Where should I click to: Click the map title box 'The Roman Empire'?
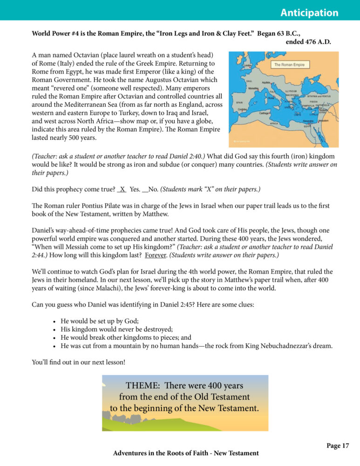289,65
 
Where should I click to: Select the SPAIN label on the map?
239,102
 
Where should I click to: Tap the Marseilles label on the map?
254,88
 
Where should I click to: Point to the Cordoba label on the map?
242,110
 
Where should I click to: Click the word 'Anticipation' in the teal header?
309,13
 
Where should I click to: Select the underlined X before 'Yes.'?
122,189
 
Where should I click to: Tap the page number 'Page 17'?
338,446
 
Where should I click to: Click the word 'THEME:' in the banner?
143,386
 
